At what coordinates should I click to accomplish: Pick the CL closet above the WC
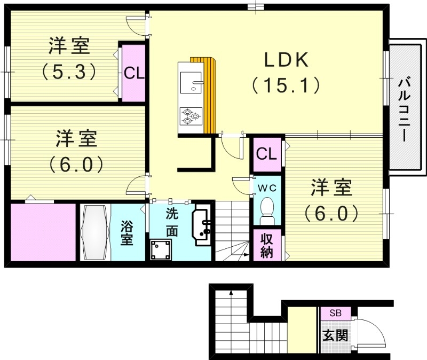(x=266, y=154)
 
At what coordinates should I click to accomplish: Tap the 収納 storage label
(x=266, y=245)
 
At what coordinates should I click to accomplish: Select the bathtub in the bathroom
(x=95, y=233)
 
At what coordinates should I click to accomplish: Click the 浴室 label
(x=126, y=233)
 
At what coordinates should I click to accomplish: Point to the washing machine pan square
(x=161, y=249)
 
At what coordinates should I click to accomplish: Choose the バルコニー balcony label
(x=405, y=109)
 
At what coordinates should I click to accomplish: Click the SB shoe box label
(x=335, y=313)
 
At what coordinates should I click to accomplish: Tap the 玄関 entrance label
(x=335, y=335)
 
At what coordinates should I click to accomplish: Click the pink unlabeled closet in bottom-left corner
(x=43, y=232)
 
